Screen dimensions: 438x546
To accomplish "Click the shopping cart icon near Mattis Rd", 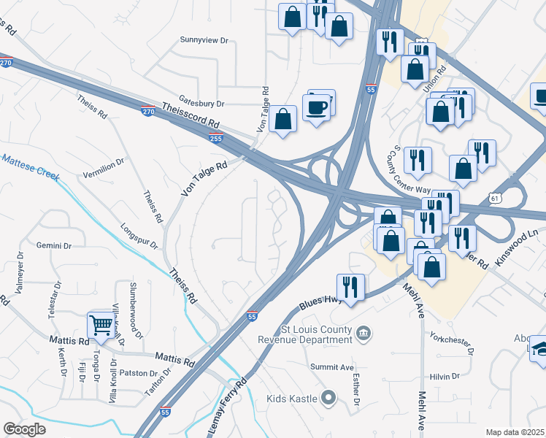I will [x=101, y=323].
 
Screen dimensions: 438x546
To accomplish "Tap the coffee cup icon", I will [x=317, y=107].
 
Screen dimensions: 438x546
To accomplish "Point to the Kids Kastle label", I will [x=291, y=398].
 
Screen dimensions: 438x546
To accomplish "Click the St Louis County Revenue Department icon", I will [x=364, y=334].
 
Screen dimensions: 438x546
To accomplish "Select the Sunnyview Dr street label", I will [x=204, y=41].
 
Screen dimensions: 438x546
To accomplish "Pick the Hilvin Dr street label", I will [x=444, y=376].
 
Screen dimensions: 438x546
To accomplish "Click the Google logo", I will [x=25, y=429].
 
